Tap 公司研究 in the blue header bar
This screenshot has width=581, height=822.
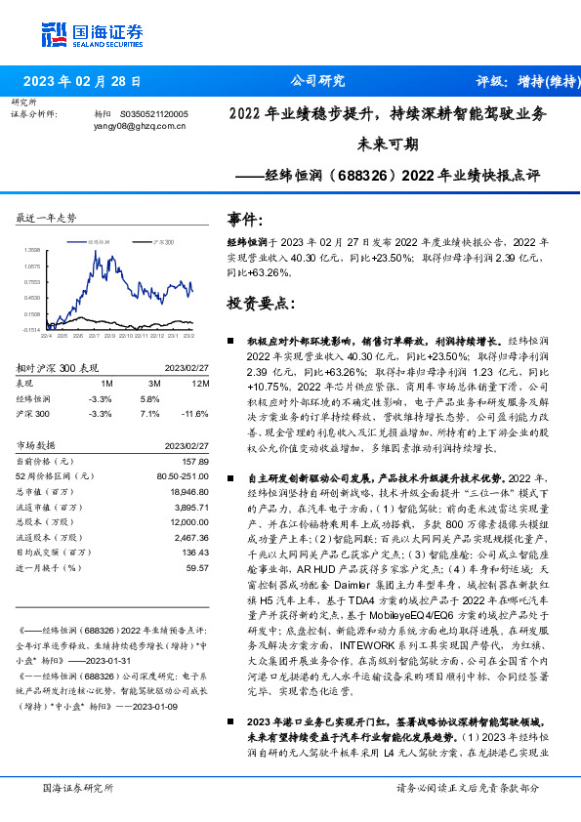point(317,81)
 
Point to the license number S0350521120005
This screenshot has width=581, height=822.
point(155,114)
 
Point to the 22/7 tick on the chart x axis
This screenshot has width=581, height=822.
point(94,336)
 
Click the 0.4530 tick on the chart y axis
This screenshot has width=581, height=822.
point(32,298)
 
